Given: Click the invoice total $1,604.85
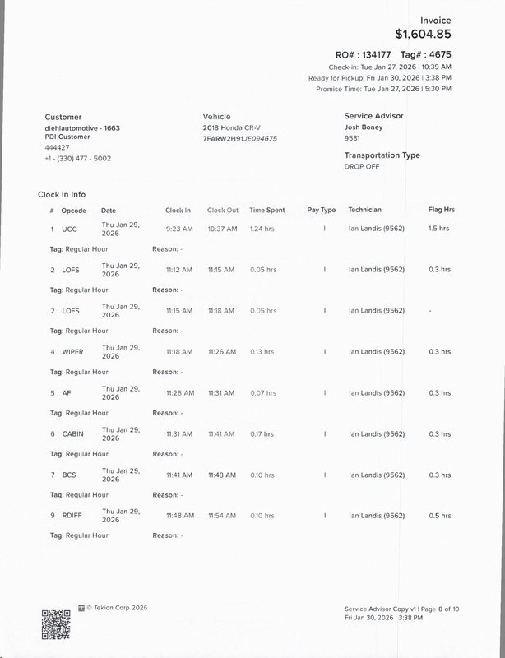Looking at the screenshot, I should pos(423,35).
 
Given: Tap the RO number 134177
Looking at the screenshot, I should pos(373,54).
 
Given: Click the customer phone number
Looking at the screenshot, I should pos(77,158).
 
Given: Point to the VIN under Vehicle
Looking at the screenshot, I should pos(239,138).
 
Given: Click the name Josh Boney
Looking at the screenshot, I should pos(363,127).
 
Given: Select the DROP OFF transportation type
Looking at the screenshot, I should pos(361,166).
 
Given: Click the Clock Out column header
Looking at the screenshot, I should pos(222,211).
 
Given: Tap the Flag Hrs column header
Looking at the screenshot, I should pos(441,211).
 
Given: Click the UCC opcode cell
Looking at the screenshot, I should pos(69,229).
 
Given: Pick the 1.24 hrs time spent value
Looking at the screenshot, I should pos(262,229).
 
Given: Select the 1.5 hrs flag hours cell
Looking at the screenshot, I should pos(439,229).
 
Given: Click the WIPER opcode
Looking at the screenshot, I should pos(72,352).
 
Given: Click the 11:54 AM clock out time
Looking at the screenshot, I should pos(221,516).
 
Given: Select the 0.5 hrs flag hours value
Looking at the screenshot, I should pos(439,516).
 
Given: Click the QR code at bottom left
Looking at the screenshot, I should pos(55,623).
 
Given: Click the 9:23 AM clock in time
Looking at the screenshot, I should pos(178,229).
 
